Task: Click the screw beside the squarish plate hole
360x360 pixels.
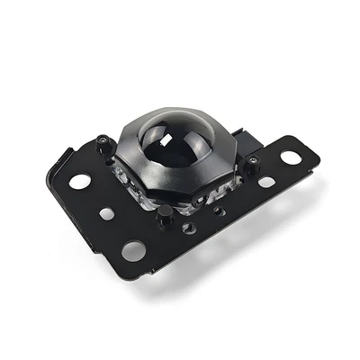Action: click(x=255, y=164)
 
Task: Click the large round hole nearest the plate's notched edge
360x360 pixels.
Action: click(x=80, y=181)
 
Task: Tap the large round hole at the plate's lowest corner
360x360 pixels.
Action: click(x=134, y=249)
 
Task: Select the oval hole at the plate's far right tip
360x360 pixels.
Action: click(x=290, y=157)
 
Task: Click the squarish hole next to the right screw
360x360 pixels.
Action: click(x=266, y=182)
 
